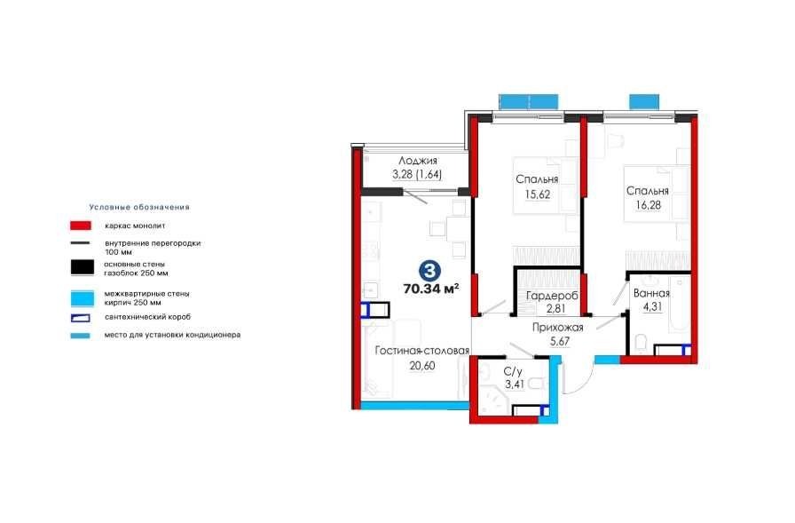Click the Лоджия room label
click(417, 161)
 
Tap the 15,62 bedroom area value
click(538, 194)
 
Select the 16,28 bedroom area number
click(648, 205)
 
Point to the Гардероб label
click(552, 295)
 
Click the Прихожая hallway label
click(557, 328)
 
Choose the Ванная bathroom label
click(651, 293)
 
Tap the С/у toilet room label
click(513, 372)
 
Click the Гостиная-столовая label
click(421, 351)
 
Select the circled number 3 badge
click(429, 271)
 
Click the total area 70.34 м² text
click(431, 289)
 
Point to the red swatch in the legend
click(81, 226)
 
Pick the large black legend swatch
click(83, 267)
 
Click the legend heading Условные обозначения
click(139, 207)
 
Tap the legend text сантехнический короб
click(147, 317)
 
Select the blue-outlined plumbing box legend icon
click(81, 318)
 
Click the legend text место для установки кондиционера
click(172, 335)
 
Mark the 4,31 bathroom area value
click(652, 307)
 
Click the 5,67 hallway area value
click(560, 341)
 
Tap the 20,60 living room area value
click(421, 366)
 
